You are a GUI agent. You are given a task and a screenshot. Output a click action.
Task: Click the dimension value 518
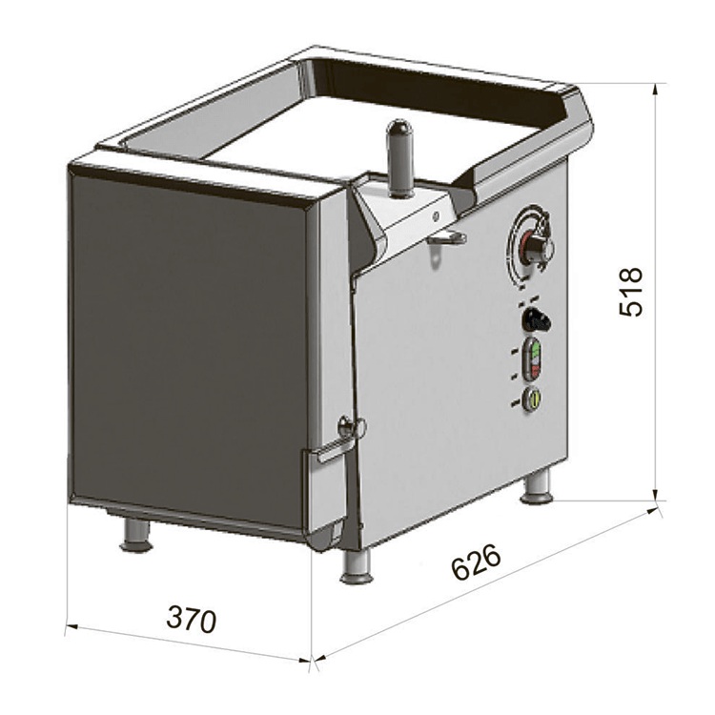click(631, 292)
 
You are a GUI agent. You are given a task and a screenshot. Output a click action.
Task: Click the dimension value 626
click(476, 562)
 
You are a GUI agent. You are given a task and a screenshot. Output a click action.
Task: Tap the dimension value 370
click(191, 620)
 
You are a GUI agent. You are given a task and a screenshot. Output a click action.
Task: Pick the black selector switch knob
click(536, 319)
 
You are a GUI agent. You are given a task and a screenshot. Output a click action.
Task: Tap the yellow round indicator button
click(532, 398)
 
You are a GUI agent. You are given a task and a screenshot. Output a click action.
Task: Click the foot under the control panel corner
click(357, 566)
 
